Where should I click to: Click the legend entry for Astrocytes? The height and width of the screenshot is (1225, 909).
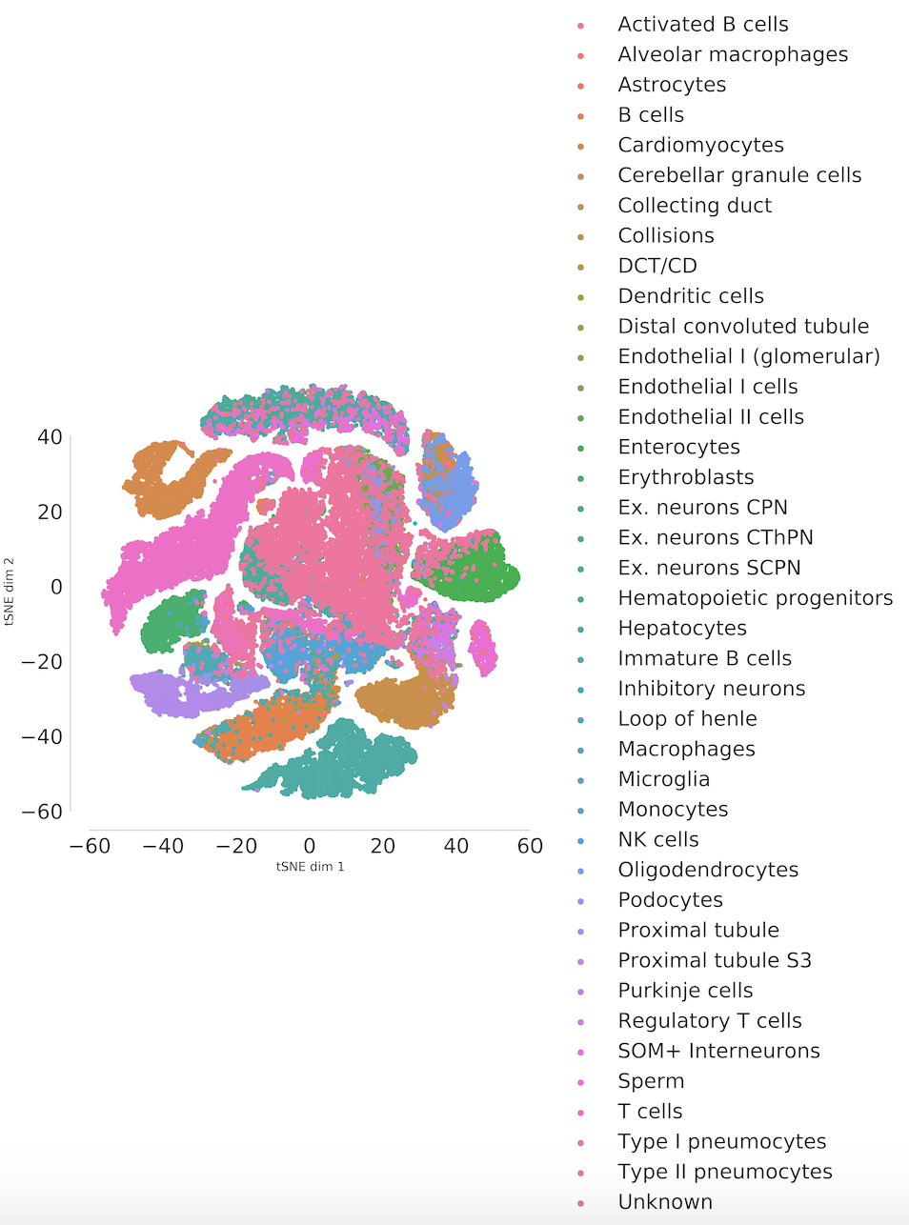[671, 85]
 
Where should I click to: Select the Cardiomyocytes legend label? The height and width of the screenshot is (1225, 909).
[700, 145]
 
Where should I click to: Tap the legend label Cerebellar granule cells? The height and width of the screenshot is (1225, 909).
[738, 175]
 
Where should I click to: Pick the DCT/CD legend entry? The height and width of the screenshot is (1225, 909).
[656, 266]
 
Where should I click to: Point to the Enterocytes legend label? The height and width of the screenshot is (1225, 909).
[678, 447]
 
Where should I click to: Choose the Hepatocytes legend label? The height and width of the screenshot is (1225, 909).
[681, 628]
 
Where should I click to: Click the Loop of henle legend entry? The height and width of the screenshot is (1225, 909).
[687, 718]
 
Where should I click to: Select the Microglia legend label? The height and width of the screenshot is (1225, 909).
[663, 779]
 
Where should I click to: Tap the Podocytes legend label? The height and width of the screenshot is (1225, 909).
[670, 900]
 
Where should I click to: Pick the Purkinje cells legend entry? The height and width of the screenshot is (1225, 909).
[685, 991]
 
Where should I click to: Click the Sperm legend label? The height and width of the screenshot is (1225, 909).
[651, 1081]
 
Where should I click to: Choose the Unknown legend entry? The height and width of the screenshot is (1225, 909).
[665, 1202]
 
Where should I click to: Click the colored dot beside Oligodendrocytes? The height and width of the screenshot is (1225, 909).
[580, 871]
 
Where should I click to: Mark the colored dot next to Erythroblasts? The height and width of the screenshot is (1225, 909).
[580, 478]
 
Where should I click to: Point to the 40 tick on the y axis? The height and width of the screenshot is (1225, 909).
[50, 437]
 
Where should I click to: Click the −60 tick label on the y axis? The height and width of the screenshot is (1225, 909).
[42, 812]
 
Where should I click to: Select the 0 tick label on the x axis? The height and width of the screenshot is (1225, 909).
[310, 846]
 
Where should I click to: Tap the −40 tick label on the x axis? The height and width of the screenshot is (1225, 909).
[163, 846]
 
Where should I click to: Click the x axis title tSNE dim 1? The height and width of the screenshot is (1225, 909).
[310, 867]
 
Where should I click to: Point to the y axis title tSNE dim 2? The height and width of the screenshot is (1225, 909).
[10, 591]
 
